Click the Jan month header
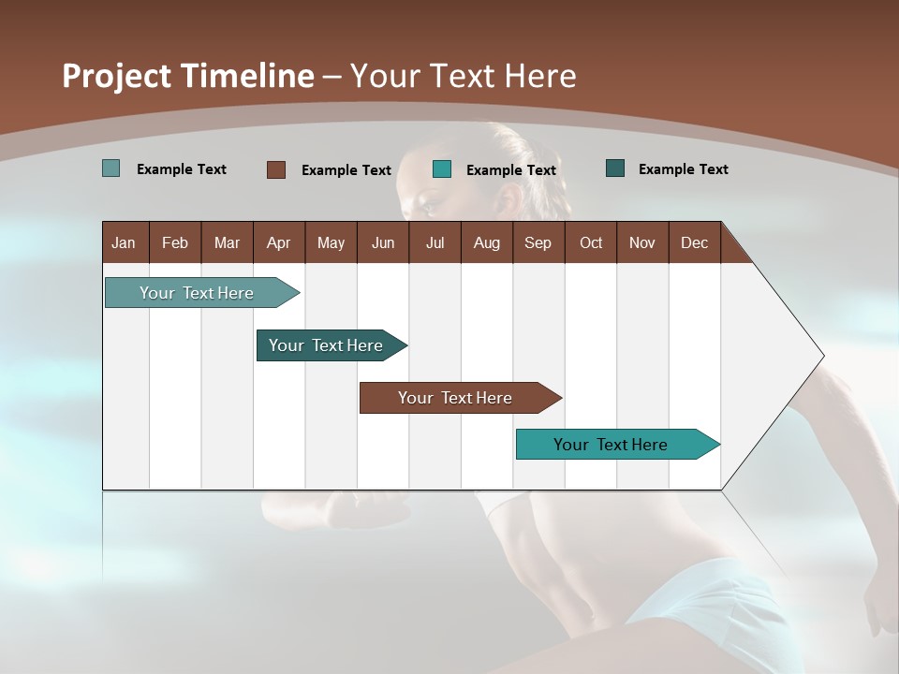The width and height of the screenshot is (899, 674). [x=124, y=242]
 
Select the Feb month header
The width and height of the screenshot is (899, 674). [x=175, y=242]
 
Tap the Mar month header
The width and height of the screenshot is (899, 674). [x=227, y=242]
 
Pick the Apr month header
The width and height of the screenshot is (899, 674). [x=278, y=242]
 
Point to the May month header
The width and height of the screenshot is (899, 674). [x=331, y=242]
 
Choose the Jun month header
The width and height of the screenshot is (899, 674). [x=383, y=242]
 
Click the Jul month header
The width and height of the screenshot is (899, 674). [x=435, y=242]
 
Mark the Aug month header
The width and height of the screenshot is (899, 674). [x=486, y=242]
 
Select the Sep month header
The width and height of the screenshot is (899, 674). [x=538, y=242]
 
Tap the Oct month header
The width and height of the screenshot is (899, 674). [x=591, y=242]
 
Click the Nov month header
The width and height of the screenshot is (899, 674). [x=642, y=242]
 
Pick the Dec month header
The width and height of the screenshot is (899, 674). [x=694, y=242]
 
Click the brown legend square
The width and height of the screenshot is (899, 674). [x=276, y=169]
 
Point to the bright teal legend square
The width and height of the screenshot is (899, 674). [x=442, y=169]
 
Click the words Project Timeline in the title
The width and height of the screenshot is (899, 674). [x=188, y=76]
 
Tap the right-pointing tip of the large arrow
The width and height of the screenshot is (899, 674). [x=819, y=356]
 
